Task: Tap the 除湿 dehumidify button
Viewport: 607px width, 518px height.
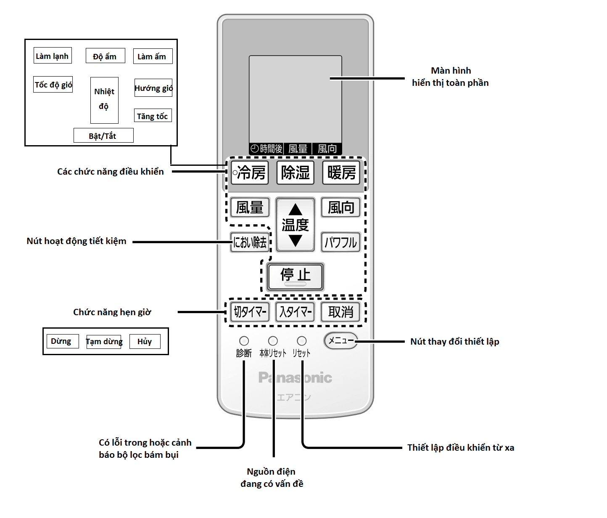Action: tap(295, 173)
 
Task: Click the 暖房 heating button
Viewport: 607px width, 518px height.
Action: tap(341, 173)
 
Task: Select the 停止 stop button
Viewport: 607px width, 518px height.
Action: tap(296, 276)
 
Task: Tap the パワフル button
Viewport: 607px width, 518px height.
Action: tap(340, 242)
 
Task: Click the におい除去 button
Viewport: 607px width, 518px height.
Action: tap(250, 242)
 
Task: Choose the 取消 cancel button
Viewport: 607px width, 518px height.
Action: tap(340, 312)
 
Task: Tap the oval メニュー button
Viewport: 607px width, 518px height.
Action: tap(341, 341)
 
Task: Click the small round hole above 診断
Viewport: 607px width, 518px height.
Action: tap(244, 341)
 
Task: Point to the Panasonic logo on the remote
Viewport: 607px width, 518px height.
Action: tap(295, 378)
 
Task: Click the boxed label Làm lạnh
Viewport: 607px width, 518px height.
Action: tap(53, 56)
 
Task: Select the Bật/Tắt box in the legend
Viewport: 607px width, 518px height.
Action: tap(103, 135)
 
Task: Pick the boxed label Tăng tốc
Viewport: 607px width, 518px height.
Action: tap(153, 116)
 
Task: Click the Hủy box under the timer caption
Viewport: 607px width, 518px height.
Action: tap(145, 341)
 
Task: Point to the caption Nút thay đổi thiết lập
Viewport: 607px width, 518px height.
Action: tap(454, 342)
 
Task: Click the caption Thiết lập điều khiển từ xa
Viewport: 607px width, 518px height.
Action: tap(460, 447)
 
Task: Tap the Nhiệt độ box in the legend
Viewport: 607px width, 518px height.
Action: tap(104, 100)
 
